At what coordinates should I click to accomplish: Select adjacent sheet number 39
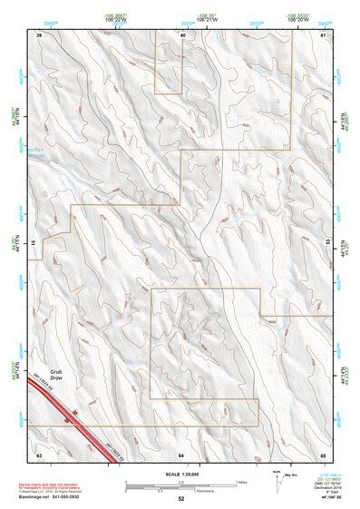(x=39, y=34)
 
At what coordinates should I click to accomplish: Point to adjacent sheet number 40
(x=182, y=34)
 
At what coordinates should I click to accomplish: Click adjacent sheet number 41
(x=324, y=34)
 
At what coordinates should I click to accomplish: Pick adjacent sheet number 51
(x=34, y=243)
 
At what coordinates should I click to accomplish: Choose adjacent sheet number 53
(x=327, y=243)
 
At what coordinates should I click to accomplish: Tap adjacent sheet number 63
(x=39, y=453)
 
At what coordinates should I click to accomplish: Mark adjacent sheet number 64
(x=181, y=453)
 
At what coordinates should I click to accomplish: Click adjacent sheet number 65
(x=324, y=453)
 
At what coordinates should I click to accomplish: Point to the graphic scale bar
(x=180, y=485)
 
